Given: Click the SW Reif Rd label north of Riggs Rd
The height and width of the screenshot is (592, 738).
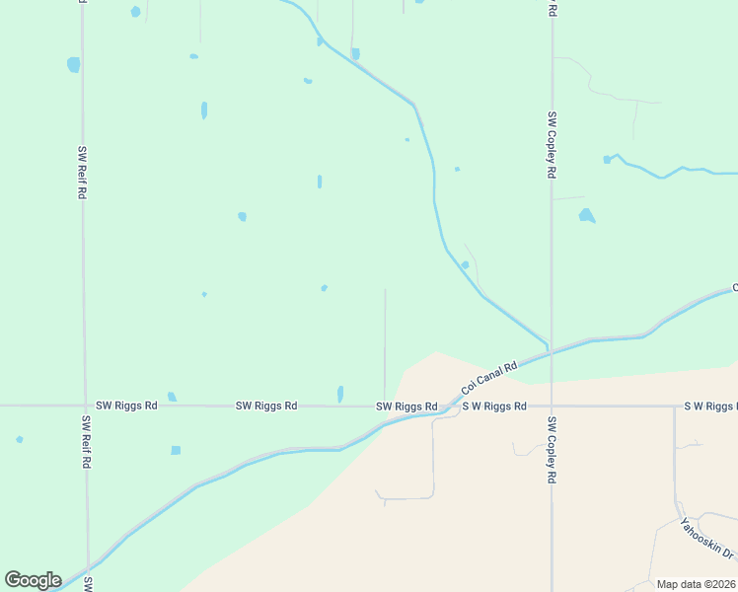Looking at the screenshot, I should pos(82,173).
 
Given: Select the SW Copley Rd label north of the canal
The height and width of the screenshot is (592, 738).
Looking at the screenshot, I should pos(553,144).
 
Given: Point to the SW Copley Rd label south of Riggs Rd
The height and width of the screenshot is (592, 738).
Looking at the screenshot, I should pos(553,449).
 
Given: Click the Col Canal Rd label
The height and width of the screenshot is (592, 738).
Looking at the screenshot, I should pos(489,380).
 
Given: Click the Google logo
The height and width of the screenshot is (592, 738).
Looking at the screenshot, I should pos(33,580).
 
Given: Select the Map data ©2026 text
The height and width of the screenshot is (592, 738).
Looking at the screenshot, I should pos(696,584).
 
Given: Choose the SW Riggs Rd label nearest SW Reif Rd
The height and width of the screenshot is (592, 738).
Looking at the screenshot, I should pos(126,406).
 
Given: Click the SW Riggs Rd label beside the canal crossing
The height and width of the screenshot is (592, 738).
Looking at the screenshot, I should pos(406,407).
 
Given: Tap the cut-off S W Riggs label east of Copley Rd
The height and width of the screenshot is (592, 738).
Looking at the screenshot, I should pos(710,406).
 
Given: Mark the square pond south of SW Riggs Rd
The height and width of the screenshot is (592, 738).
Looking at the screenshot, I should pos(176,450).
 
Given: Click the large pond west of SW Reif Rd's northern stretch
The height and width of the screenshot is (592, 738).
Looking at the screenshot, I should pos(73,65).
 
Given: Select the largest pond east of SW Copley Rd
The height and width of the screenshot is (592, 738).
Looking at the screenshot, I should pos(587,215).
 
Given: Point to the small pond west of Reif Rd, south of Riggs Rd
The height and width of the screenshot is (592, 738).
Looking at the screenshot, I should pos(20,439).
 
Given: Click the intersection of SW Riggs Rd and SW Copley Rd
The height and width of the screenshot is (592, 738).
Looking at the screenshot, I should pos(552,406).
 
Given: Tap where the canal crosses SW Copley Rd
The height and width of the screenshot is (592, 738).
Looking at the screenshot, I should pos(552,349).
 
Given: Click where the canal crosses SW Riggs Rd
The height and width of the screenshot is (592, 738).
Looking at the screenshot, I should pos(449,406).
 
